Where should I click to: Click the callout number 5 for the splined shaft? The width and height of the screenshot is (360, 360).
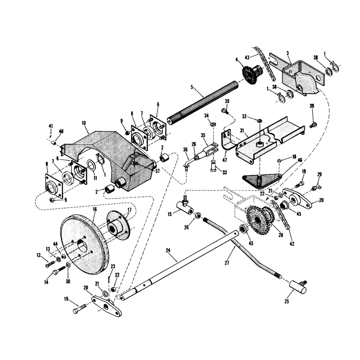click(192, 87)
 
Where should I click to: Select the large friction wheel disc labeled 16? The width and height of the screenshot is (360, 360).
click(84, 244)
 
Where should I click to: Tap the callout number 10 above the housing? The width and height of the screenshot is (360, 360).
click(84, 123)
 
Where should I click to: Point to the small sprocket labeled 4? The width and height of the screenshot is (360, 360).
click(251, 73)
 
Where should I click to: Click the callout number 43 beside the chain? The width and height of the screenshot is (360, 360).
click(247, 57)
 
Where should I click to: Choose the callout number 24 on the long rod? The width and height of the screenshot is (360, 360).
click(168, 250)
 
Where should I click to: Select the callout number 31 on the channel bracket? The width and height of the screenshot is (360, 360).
click(242, 130)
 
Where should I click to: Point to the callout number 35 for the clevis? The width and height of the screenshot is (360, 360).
click(203, 135)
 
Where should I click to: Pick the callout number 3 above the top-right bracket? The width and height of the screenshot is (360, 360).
click(288, 53)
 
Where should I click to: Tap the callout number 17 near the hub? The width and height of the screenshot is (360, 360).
click(129, 210)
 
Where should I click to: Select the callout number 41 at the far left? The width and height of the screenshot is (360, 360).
click(51, 126)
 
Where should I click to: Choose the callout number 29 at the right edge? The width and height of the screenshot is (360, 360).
click(319, 175)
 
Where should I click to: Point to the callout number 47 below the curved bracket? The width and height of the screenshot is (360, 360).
click(225, 160)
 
